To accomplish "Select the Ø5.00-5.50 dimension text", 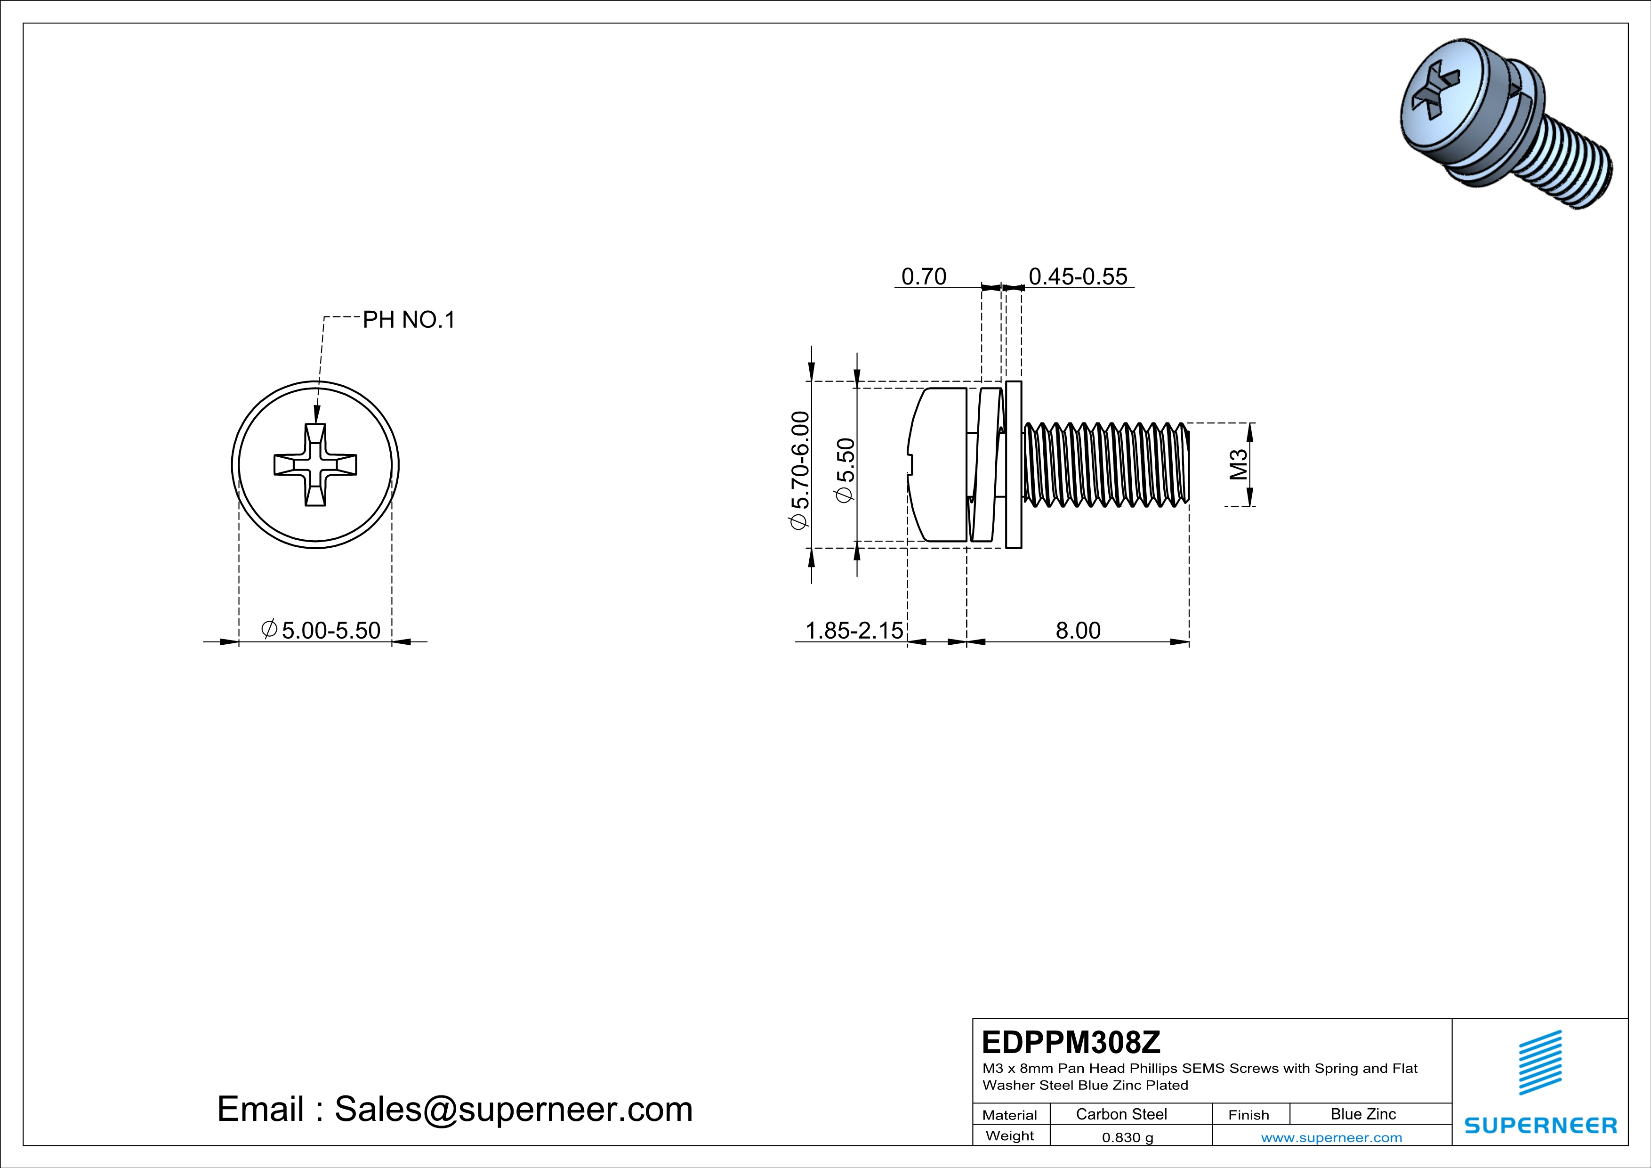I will (322, 630).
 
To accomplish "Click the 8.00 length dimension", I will (1078, 630).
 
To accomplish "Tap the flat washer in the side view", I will (1013, 465).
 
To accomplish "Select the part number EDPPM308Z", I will (1071, 1042).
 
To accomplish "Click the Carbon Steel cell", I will (1121, 1114).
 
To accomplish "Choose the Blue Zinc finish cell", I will (1362, 1114).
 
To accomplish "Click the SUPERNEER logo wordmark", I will (1540, 1126).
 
